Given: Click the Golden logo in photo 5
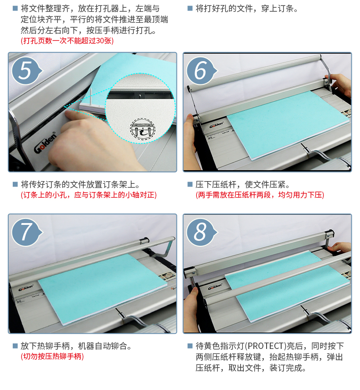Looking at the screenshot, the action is pyautogui.click(x=45, y=142).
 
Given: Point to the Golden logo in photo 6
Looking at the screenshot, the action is pyautogui.click(x=216, y=125).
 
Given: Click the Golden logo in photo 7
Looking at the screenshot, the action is pyautogui.click(x=26, y=287).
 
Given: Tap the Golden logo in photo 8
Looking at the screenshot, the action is pyautogui.click(x=215, y=286).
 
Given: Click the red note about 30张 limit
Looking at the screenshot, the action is pyautogui.click(x=67, y=41).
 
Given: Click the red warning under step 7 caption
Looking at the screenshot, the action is pyautogui.click(x=52, y=356).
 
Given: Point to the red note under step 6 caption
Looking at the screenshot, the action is pyautogui.click(x=260, y=195).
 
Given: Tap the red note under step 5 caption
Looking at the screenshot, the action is pyautogui.click(x=89, y=195).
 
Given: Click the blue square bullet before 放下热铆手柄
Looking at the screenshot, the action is pyautogui.click(x=15, y=346).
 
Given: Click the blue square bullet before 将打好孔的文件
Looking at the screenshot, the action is pyautogui.click(x=190, y=9).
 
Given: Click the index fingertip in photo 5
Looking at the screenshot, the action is pyautogui.click(x=68, y=114).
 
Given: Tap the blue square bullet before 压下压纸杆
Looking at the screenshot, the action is pyautogui.click(x=190, y=184).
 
